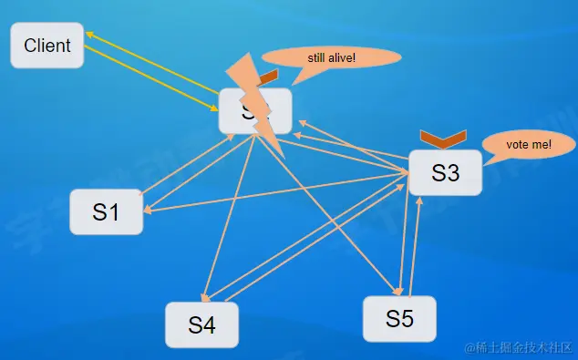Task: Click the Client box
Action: [46, 45]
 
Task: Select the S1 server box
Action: [106, 211]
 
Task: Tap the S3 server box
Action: [444, 172]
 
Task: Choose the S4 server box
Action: [201, 324]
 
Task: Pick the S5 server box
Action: [399, 318]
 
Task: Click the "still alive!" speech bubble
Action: [332, 58]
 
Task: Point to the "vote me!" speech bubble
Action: [529, 145]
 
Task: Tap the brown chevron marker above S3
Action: [443, 139]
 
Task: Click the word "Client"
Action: [46, 45]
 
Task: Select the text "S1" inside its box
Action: [106, 211]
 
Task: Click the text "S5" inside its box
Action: [399, 318]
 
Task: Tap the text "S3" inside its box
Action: [444, 172]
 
